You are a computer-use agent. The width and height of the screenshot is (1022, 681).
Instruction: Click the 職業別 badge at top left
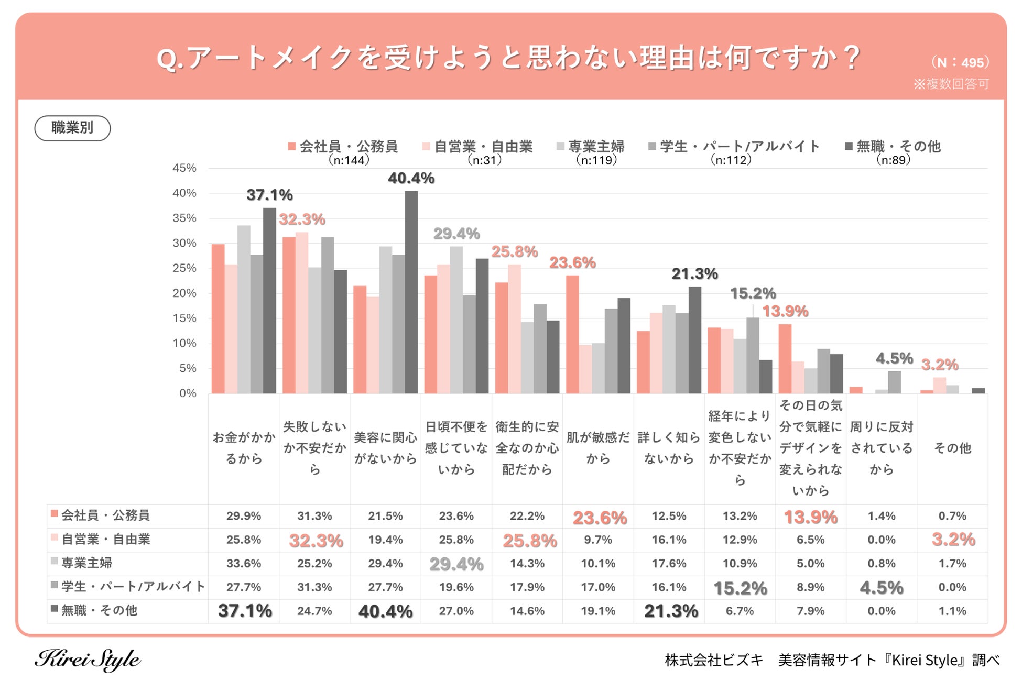(x=72, y=128)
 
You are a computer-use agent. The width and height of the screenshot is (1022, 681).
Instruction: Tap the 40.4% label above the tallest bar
(x=411, y=179)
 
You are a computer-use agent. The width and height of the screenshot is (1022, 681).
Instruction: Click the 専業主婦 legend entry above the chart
(x=591, y=147)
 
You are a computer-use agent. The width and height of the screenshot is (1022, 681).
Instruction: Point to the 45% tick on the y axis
(x=184, y=168)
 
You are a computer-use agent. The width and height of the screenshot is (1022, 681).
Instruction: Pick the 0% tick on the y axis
(x=188, y=393)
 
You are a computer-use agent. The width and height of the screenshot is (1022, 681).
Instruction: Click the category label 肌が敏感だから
(x=598, y=448)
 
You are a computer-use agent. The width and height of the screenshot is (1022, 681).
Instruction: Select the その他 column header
(x=952, y=448)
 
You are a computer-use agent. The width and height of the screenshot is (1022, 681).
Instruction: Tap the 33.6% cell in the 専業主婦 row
(x=244, y=564)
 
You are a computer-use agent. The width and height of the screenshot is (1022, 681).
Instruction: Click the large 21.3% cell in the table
(x=671, y=611)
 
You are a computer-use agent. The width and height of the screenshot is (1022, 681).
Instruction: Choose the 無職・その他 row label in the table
(x=99, y=610)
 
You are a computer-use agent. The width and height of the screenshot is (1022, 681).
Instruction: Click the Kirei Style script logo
(x=88, y=659)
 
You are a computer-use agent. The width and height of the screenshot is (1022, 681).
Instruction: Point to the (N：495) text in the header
(x=960, y=62)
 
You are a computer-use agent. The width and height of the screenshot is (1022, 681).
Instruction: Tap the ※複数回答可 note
(x=951, y=84)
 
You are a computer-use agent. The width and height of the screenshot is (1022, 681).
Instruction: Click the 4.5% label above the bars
(x=894, y=358)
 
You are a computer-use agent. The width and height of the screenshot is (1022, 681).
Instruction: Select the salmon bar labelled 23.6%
(x=572, y=334)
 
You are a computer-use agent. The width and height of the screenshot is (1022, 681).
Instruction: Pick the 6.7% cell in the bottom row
(x=740, y=611)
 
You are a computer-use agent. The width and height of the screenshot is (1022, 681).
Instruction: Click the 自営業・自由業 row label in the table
(x=105, y=539)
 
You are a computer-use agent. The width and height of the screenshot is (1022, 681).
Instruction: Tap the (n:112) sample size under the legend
(x=731, y=160)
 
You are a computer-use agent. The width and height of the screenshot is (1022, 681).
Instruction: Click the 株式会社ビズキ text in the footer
(x=714, y=660)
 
